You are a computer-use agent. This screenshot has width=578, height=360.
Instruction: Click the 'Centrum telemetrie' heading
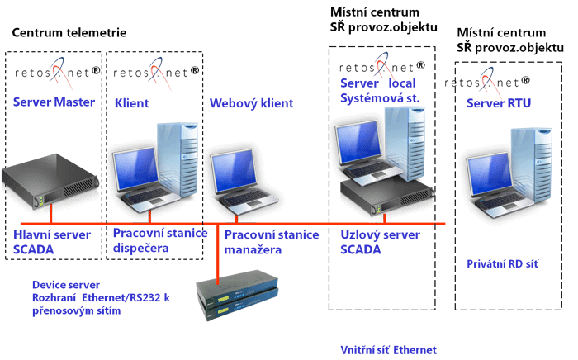click(x=69, y=33)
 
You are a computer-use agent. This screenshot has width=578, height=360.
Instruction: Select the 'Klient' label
click(x=131, y=103)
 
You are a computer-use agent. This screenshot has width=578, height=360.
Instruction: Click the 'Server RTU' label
click(x=499, y=103)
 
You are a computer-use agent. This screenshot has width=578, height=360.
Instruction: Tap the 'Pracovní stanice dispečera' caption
click(x=159, y=241)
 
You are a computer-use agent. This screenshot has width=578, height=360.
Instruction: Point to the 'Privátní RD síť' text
click(x=502, y=263)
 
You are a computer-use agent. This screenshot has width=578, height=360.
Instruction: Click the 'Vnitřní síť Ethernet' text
click(x=387, y=350)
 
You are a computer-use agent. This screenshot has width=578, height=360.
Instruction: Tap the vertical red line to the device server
click(x=216, y=252)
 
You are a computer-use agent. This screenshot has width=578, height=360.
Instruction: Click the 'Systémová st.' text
click(x=376, y=98)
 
